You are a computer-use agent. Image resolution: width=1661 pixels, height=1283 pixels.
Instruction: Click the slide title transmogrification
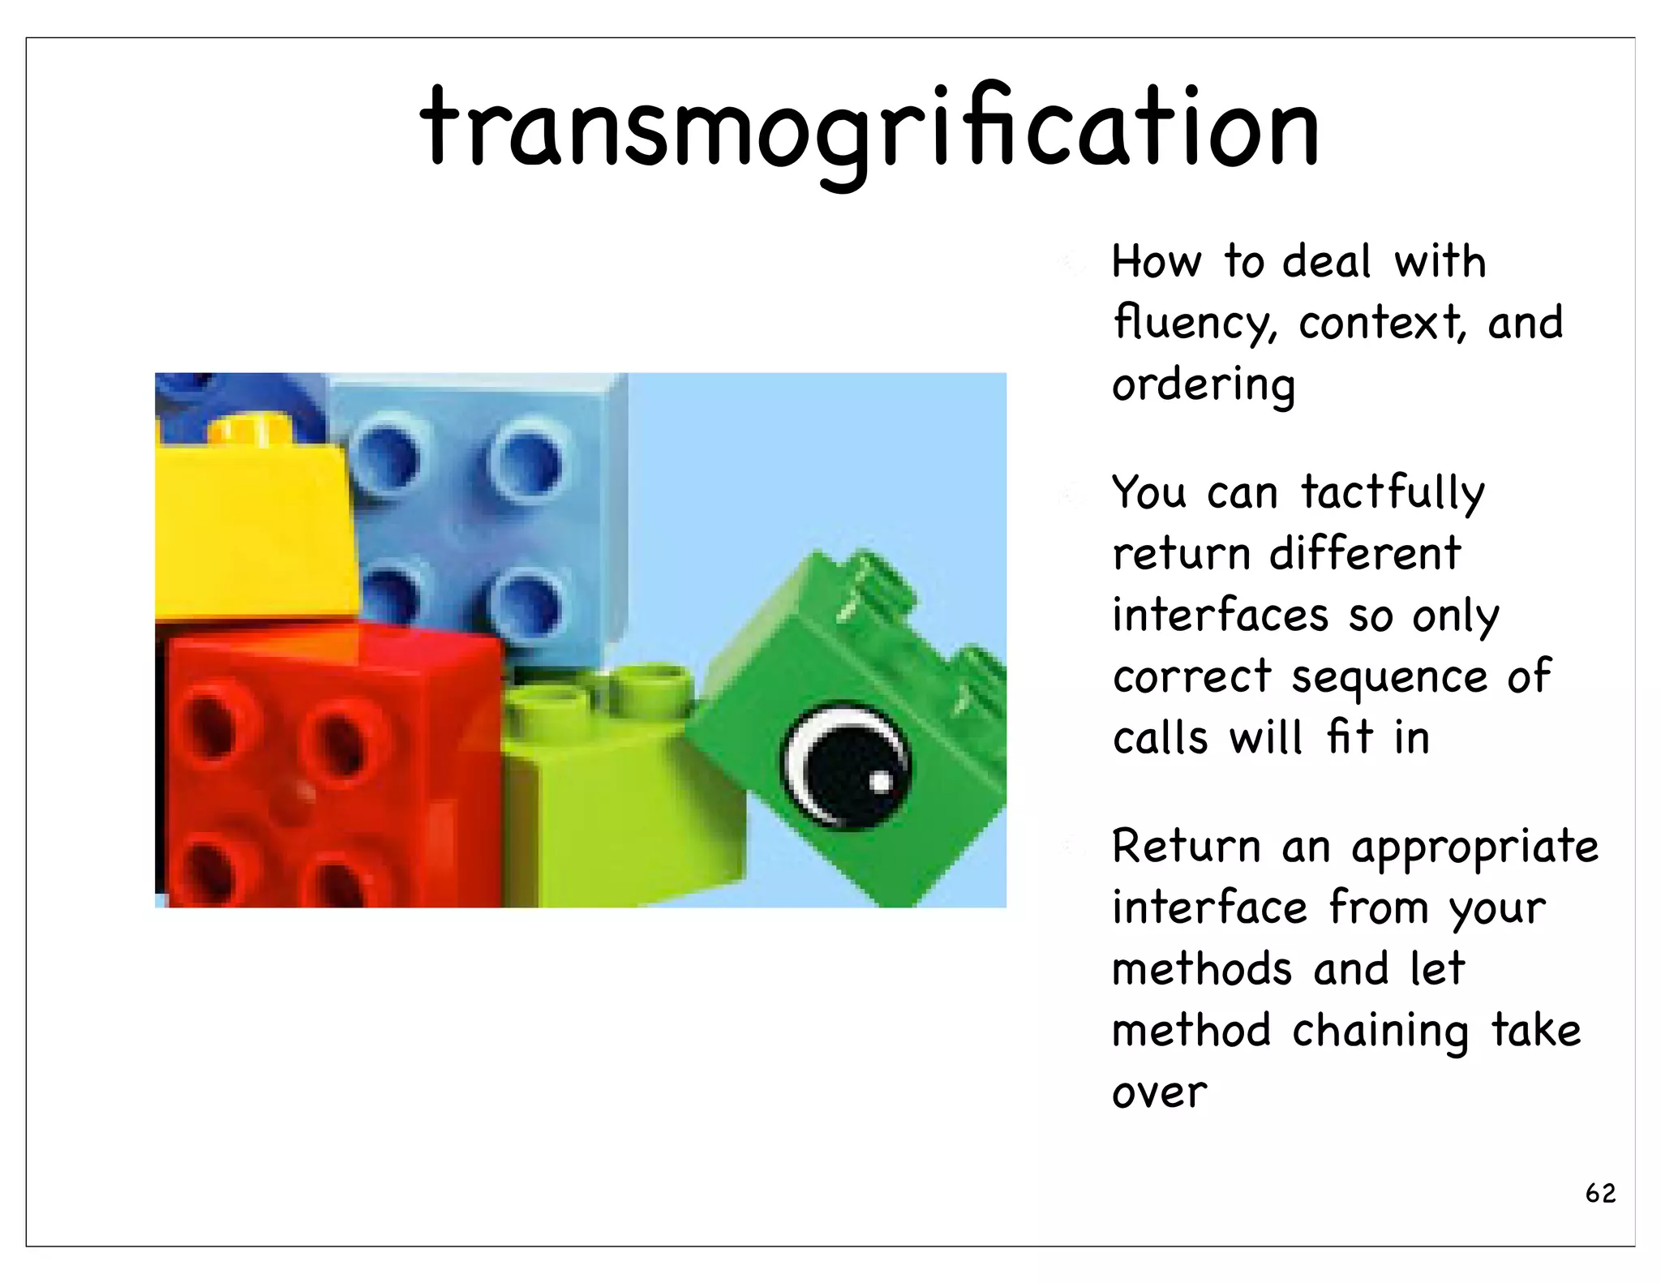869,130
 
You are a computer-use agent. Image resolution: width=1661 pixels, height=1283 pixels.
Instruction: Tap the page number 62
1600,1193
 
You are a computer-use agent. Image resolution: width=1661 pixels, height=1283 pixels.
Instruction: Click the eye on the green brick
846,765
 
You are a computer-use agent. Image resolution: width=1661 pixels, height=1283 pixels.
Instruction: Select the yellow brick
253,527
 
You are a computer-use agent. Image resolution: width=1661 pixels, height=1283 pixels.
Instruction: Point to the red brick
324,770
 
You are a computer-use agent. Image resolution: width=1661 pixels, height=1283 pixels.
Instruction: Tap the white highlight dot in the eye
879,783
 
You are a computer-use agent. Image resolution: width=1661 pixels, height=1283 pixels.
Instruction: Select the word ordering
1204,384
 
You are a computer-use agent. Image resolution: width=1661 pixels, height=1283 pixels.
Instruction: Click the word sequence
1389,678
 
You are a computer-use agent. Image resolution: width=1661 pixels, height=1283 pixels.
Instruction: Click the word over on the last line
1160,1093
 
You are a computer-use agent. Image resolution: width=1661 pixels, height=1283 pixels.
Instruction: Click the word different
1365,555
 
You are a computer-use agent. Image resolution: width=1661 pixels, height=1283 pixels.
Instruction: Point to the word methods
1202,970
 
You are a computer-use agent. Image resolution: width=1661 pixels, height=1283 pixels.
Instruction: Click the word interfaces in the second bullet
1220,616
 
